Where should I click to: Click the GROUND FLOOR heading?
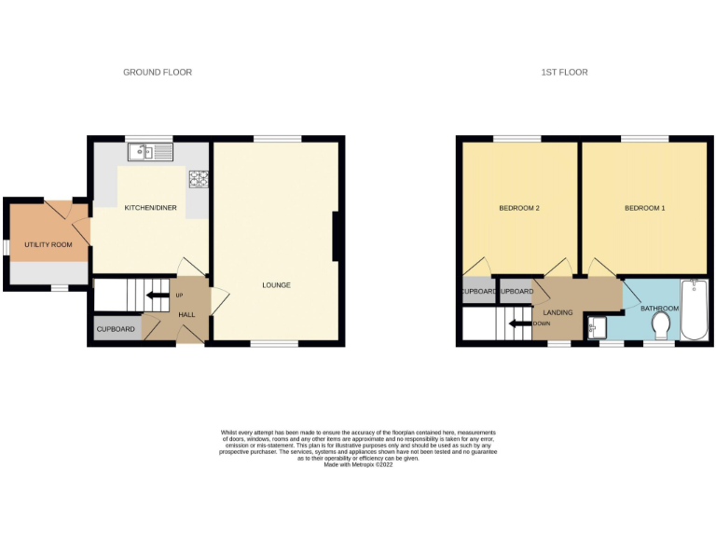[x=158, y=72]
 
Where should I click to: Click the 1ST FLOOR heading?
[x=565, y=72]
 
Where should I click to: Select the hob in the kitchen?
[x=199, y=178]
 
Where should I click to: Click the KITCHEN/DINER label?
[x=151, y=208]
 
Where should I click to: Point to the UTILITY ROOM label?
[x=48, y=244]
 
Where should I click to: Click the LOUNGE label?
[x=276, y=284]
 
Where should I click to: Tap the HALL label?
[x=186, y=315]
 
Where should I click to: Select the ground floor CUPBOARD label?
[x=117, y=329]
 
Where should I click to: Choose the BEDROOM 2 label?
[x=520, y=208]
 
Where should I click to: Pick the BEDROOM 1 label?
[x=645, y=208]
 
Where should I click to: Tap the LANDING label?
[x=558, y=314]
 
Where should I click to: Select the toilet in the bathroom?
[x=662, y=325]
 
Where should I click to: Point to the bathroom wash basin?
[x=599, y=326]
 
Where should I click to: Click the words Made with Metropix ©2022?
[x=357, y=463]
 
